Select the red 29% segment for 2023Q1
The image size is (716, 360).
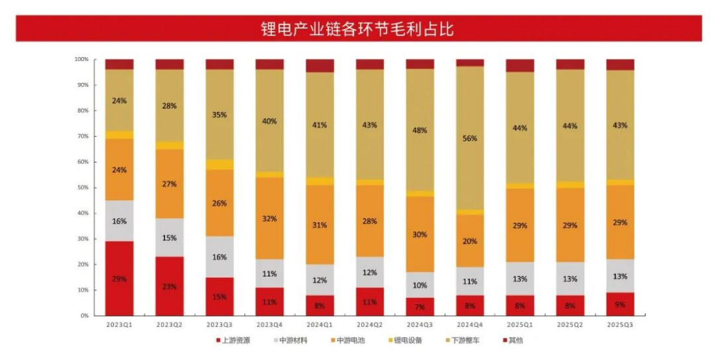(x=119, y=278)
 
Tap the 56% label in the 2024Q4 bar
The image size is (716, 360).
(x=470, y=138)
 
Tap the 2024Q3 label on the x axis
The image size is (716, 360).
(x=420, y=324)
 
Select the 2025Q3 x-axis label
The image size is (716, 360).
(x=620, y=324)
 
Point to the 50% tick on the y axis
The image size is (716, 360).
(x=82, y=188)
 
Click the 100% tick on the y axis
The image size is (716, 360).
(x=81, y=60)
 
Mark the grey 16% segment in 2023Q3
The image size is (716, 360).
(x=219, y=257)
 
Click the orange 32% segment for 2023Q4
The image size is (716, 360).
(x=269, y=219)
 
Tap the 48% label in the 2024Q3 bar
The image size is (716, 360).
(x=420, y=129)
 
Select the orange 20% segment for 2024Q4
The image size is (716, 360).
(x=470, y=241)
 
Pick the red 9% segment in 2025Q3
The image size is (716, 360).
(x=620, y=304)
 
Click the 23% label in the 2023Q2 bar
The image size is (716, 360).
(x=170, y=286)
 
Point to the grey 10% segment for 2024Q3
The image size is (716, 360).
(x=420, y=285)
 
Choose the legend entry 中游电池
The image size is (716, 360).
(x=350, y=339)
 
